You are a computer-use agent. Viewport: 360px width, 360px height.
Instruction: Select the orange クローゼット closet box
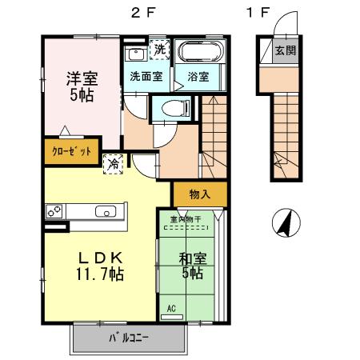point(72,151)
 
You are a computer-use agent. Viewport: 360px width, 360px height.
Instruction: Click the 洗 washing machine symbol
point(160,50)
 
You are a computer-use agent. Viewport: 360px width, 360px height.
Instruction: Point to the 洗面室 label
point(146,77)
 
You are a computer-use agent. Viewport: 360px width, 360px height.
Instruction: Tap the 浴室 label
point(198,77)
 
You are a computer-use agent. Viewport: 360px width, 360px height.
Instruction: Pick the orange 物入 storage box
point(200,194)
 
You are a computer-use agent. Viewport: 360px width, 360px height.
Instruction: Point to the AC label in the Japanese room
point(171,307)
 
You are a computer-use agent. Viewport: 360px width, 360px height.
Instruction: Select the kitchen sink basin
point(105,212)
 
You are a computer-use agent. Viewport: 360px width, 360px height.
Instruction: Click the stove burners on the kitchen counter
point(55,212)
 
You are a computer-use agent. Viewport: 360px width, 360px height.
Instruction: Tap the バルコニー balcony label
point(129,338)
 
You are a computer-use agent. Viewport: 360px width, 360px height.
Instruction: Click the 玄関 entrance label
point(285,50)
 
